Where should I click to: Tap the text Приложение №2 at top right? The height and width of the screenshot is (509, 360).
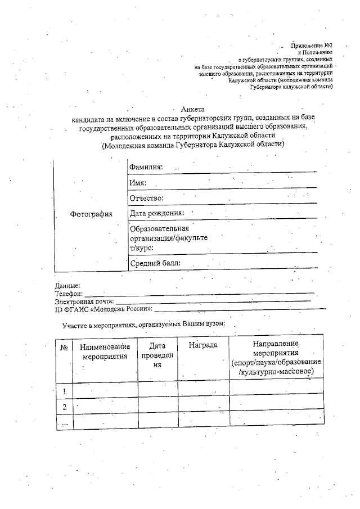pos(312,44)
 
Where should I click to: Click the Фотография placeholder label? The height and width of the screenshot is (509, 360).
pos(91,214)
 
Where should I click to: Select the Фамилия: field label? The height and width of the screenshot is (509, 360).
pos(146,167)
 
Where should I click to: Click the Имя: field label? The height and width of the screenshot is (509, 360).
pos(138,183)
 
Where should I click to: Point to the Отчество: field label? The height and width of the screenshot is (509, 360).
pos(147,198)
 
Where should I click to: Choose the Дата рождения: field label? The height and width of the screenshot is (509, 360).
pos(157,213)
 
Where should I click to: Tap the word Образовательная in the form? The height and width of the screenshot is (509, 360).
pos(159,228)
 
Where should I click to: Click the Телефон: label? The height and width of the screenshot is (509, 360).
pos(69,294)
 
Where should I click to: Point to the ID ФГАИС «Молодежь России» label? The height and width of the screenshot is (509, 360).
pos(103,309)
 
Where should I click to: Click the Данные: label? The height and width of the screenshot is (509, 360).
pos(67,286)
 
